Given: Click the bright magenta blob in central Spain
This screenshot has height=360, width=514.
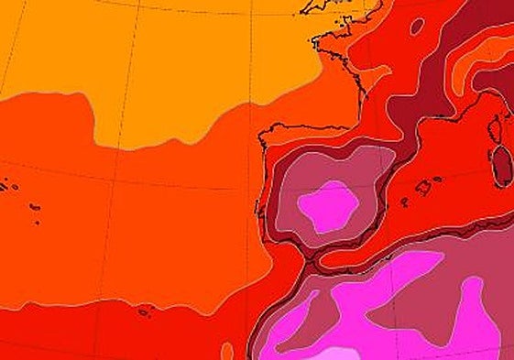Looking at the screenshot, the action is click(x=328, y=206).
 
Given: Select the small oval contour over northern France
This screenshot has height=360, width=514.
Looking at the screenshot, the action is click(x=417, y=27).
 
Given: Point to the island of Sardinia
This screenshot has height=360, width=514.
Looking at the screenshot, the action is click(x=501, y=165).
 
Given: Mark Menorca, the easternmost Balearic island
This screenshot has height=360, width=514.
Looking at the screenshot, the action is click(x=438, y=180).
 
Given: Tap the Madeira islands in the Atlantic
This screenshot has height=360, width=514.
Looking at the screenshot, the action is click(x=144, y=312).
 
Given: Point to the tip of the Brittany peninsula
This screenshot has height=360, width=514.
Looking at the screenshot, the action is click(x=313, y=40).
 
